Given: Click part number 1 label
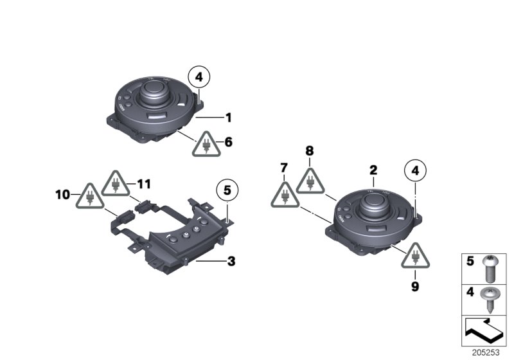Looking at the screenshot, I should pos(227,118).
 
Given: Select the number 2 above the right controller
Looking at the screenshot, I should pos(373,170).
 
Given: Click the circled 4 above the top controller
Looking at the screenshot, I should pos(199,78).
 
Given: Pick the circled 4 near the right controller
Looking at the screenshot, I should pos(415,171).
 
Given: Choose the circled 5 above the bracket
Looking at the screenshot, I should pos(226,190).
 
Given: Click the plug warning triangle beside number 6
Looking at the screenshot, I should pos(206,145).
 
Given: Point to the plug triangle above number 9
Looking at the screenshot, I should pos(415,256).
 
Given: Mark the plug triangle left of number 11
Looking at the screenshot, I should pos(116,185).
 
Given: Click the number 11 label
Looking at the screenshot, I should pos(143,184).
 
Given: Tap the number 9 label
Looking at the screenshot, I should pos(415,284).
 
